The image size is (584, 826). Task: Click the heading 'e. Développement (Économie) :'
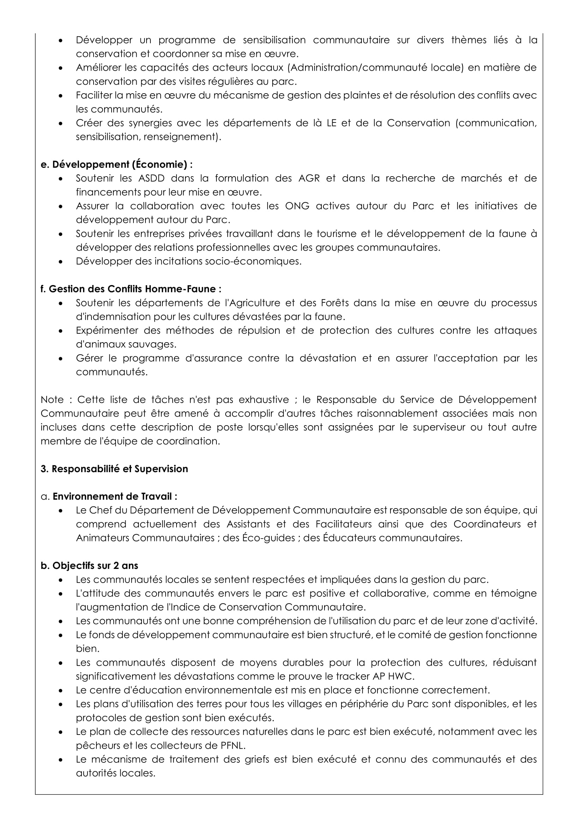pyautogui.click(x=117, y=165)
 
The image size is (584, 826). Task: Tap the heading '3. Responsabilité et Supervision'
pyautogui.click(x=114, y=469)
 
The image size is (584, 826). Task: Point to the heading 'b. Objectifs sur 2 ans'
pyautogui.click(x=89, y=565)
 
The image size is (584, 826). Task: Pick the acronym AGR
pyautogui.click(x=309, y=178)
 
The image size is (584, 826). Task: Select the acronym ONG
pyautogui.click(x=297, y=206)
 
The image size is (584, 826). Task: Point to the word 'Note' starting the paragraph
pyautogui.click(x=53, y=400)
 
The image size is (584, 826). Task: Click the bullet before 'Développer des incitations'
pyautogui.click(x=61, y=262)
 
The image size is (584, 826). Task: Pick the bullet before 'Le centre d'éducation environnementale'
pyautogui.click(x=61, y=691)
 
